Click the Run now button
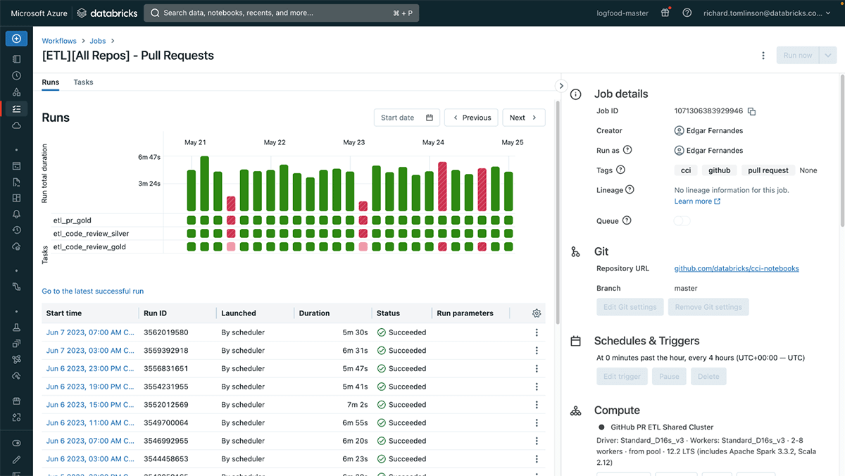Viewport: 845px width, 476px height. click(x=797, y=56)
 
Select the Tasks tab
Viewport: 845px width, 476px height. click(x=83, y=82)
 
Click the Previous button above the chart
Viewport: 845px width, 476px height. click(x=471, y=118)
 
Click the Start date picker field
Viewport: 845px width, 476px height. click(x=407, y=118)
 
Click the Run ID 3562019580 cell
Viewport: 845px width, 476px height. click(x=166, y=332)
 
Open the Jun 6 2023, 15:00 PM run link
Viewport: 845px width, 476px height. click(x=89, y=405)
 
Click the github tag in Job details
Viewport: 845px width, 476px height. click(x=719, y=170)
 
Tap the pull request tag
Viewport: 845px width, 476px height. click(x=768, y=170)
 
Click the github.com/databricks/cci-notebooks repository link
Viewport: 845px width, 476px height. click(x=736, y=268)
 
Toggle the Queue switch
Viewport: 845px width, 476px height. click(x=682, y=221)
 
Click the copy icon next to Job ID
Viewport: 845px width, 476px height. click(x=751, y=111)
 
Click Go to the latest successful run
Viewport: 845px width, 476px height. click(x=92, y=291)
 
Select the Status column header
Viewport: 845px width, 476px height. click(x=388, y=313)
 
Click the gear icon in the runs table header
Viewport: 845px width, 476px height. click(x=537, y=313)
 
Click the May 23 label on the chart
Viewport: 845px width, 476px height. click(x=353, y=142)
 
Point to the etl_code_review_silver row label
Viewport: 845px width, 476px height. click(x=91, y=234)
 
